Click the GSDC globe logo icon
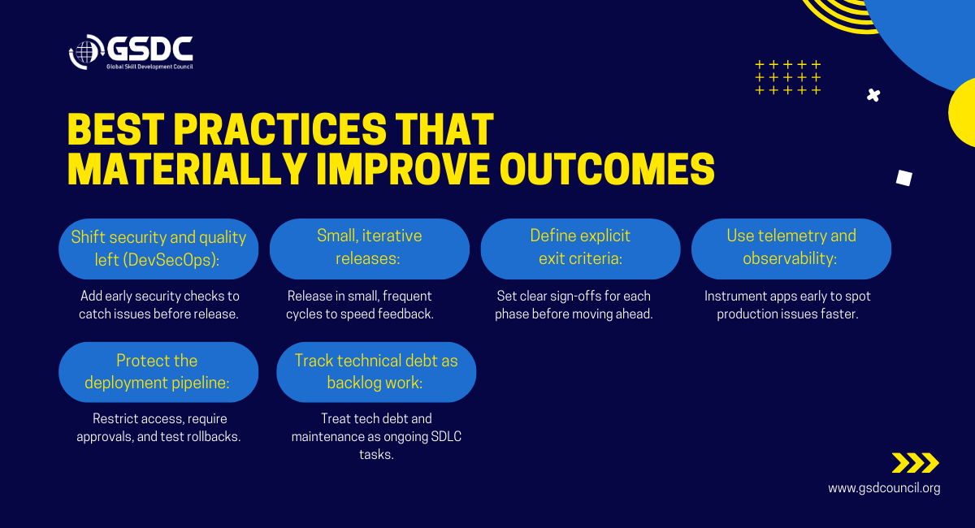tap(86, 52)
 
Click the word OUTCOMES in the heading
tap(607, 170)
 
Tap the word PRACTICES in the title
tap(279, 130)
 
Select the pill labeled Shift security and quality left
tap(158, 249)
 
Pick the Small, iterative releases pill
tap(370, 249)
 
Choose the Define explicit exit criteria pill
tap(581, 249)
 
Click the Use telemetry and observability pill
tap(791, 249)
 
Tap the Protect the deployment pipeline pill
tap(158, 372)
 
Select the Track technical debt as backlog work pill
tap(376, 372)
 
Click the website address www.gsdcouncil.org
tap(884, 488)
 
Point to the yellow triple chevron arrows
tap(916, 463)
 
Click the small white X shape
tap(873, 95)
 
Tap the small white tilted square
tap(904, 178)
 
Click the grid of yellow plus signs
tap(788, 77)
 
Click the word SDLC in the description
tap(446, 436)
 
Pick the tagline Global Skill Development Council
tap(149, 67)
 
